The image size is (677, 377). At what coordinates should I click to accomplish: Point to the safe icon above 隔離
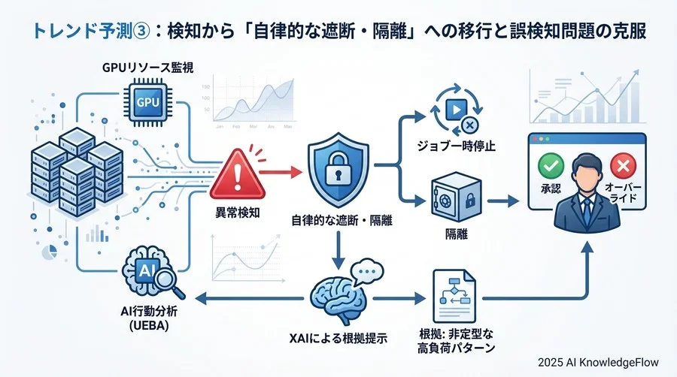point(451,198)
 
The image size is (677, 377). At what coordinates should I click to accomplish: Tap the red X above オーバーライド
point(621,164)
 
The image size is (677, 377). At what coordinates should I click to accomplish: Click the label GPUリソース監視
point(148,68)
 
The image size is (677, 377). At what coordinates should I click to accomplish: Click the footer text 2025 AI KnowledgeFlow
point(599,362)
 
